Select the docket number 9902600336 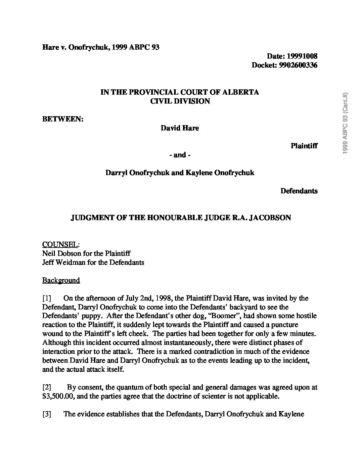point(298,65)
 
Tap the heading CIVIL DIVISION point(180,101)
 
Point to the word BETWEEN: point(63,119)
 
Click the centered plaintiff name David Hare point(180,128)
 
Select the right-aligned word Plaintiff point(304,146)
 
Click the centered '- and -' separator point(180,155)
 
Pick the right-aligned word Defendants point(299,191)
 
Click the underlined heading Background point(61,280)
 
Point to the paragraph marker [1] point(47,298)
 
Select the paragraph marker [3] point(47,414)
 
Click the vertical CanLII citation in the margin point(345,122)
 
